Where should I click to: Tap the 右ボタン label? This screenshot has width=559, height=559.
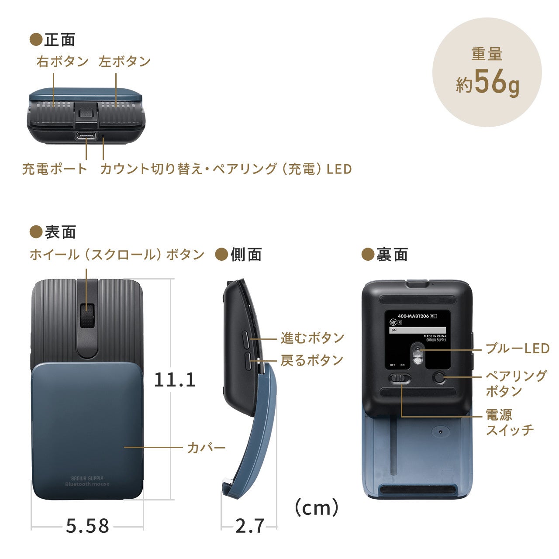click(x=62, y=62)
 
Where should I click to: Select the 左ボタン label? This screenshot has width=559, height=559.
click(x=124, y=62)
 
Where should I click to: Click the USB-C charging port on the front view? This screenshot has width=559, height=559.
click(x=86, y=135)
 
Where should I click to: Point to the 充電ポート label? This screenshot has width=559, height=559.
click(x=55, y=169)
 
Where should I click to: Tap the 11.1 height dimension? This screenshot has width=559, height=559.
click(x=175, y=380)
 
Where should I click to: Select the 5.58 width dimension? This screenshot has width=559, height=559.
click(x=87, y=526)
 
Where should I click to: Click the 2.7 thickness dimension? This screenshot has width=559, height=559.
click(x=249, y=526)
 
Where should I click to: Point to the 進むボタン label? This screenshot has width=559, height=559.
click(x=312, y=338)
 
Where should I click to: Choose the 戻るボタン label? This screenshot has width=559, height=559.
click(x=312, y=360)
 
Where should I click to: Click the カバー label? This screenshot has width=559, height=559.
click(x=206, y=448)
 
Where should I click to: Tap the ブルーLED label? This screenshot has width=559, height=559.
click(x=517, y=349)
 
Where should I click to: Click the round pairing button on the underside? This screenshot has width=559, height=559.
click(x=439, y=377)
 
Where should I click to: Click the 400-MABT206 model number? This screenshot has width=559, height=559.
click(x=413, y=316)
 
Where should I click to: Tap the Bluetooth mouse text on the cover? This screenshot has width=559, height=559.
click(x=87, y=484)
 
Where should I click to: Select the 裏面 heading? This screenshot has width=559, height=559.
click(x=392, y=255)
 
